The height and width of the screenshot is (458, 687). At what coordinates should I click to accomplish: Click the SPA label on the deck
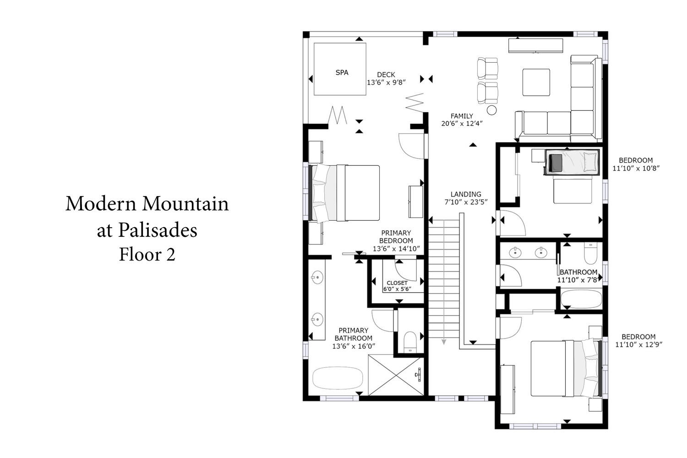pos(342,73)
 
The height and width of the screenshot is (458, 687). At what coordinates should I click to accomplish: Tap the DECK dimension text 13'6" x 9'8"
pos(386,82)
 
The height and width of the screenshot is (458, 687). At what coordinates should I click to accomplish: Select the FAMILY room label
pos(462,116)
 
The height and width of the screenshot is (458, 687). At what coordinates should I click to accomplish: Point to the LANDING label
pos(466,194)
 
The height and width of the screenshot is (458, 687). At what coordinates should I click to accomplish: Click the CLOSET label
pos(397,283)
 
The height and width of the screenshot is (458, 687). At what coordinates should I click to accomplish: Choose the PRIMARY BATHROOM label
pos(353,334)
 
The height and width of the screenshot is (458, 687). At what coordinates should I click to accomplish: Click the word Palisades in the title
pos(158,230)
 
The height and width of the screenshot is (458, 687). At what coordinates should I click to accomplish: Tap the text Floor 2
pos(147,254)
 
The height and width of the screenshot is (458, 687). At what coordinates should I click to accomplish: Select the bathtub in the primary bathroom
pos(338,378)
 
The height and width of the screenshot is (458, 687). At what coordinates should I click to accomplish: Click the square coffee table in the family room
pos(536,82)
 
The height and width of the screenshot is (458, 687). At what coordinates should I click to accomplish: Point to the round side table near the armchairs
pos(491,110)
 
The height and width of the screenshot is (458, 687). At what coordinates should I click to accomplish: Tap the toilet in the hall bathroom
pos(590,253)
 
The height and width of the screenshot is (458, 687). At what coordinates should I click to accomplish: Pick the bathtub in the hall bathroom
pos(581,299)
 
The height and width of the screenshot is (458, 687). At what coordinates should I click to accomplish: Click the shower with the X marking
pos(396,375)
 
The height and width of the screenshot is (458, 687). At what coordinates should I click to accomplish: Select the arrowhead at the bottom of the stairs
pos(443,342)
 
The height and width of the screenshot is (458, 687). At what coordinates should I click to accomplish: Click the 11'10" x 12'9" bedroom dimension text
pos(638,344)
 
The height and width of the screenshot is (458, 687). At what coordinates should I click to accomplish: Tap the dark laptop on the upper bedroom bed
pos(556,163)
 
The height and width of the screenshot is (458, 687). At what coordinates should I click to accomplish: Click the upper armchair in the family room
pos(487,68)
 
